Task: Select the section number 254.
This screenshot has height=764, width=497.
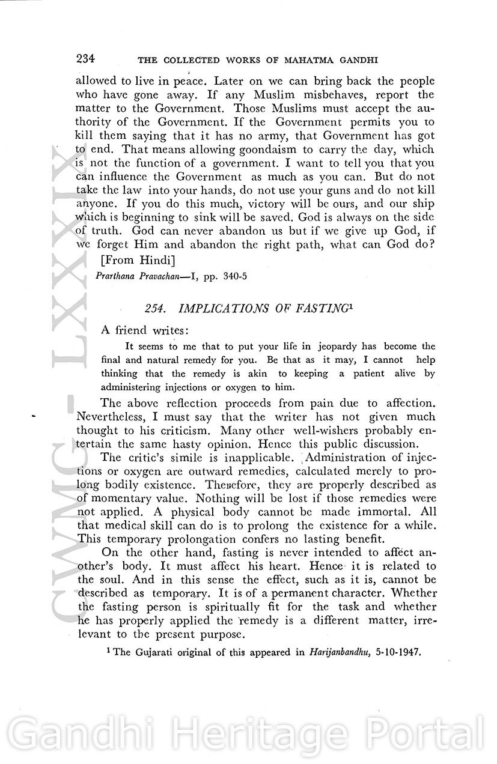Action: [x=155, y=309]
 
